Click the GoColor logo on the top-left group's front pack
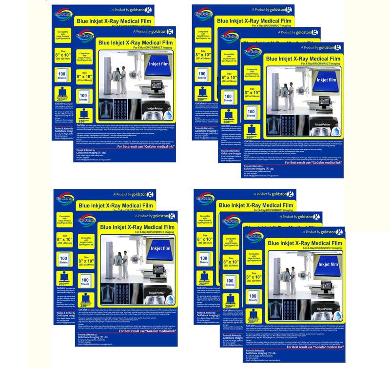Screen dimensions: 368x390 tap(86, 37)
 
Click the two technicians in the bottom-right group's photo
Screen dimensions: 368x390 tap(291, 282)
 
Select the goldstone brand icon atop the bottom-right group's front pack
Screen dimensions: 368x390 tap(336, 232)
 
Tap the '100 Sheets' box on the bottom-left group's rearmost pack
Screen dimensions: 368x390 tap(63, 259)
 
